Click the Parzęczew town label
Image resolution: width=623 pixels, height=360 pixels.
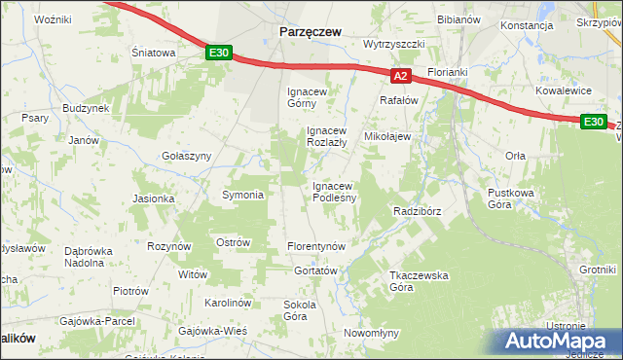coord(310,31)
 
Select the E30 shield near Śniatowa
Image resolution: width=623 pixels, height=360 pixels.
coord(219,54)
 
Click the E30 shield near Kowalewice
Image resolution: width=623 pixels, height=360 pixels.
coord(594,122)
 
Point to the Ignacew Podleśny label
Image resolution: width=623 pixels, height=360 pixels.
coord(334,192)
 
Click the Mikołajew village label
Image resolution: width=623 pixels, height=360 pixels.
coord(387,137)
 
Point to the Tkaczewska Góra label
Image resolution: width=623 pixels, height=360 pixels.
coord(418,281)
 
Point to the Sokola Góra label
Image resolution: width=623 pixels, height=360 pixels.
coord(300,310)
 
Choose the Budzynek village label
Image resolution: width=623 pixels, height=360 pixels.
coord(86,109)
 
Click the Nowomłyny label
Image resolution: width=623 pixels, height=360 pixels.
coord(372,333)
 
